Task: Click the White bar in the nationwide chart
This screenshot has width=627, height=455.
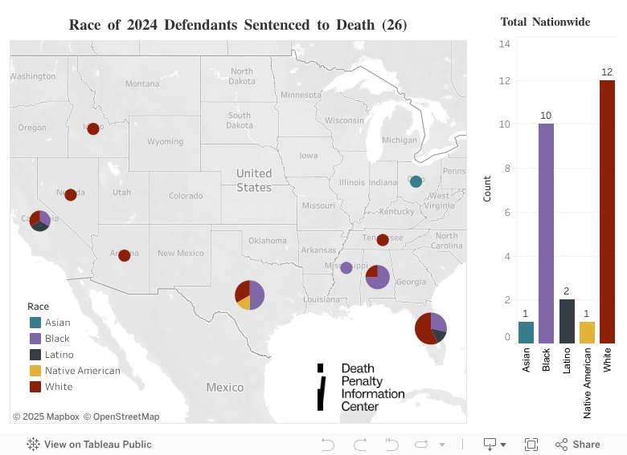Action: click(607, 212)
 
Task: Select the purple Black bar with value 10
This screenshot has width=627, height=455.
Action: click(546, 234)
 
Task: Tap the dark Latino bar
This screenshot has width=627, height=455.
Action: click(567, 321)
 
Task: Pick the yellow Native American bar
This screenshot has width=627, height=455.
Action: click(587, 332)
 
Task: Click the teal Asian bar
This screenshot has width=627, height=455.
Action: click(526, 332)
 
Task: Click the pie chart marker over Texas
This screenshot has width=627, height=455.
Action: click(249, 295)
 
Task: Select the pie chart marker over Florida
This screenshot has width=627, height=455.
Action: click(430, 327)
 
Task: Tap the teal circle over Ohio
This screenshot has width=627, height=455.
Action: click(416, 181)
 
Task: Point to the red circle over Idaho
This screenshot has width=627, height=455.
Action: click(93, 128)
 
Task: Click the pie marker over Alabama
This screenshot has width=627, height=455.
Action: click(377, 276)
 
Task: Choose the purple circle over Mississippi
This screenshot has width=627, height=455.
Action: click(346, 267)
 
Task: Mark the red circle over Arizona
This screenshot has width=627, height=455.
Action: click(124, 255)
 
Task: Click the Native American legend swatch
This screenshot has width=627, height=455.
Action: click(35, 371)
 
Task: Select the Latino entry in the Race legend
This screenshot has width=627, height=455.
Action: click(59, 355)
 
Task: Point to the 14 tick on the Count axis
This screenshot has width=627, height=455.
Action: click(505, 43)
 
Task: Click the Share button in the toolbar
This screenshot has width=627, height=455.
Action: click(577, 444)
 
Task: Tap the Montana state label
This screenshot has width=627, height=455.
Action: click(142, 83)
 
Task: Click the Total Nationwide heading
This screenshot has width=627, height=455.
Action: click(545, 22)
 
